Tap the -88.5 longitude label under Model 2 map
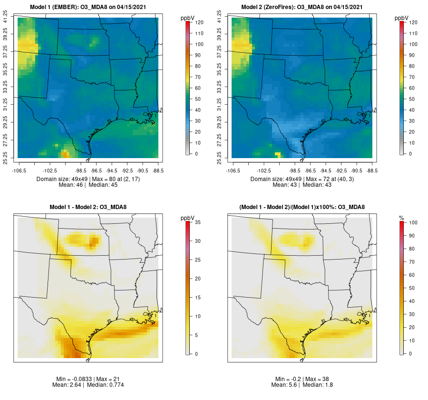[371, 170]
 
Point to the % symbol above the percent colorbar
[402, 218]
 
